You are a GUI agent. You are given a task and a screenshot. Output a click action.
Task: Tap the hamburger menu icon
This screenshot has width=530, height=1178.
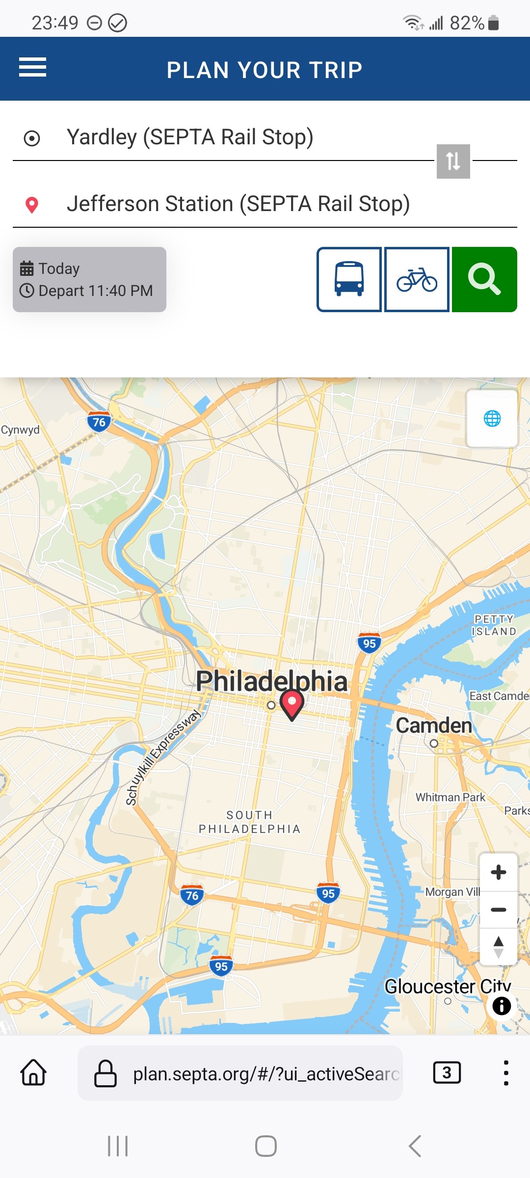[x=32, y=67]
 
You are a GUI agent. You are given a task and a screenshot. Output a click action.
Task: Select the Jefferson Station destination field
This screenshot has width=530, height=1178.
[x=238, y=204]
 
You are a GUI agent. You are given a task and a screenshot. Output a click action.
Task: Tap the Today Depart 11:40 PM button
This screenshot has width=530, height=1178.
[x=89, y=279]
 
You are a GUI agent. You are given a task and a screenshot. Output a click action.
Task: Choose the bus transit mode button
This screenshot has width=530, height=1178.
[x=349, y=279]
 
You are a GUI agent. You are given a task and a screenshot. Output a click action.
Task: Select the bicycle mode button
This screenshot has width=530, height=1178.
[x=417, y=279]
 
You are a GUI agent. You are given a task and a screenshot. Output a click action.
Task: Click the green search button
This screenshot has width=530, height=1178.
[x=484, y=279]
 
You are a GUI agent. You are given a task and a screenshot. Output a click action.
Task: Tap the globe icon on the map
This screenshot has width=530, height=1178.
[x=492, y=419]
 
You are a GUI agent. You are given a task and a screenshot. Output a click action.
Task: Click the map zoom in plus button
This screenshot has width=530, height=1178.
[x=499, y=872]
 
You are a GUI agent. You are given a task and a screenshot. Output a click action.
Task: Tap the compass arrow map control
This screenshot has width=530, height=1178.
[x=499, y=947]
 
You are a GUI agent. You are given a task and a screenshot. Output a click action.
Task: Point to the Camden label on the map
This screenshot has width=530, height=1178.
[x=434, y=725]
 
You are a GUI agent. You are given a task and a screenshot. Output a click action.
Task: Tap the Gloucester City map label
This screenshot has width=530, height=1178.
[x=447, y=986]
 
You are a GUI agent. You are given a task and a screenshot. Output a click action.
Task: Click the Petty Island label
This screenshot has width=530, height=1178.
[x=494, y=625]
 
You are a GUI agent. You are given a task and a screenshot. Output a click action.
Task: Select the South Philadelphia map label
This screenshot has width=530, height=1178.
[x=249, y=822]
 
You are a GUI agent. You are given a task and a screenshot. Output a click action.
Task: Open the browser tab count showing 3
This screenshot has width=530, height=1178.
[x=447, y=1072]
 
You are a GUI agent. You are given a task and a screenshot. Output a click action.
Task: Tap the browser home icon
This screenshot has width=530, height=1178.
[x=33, y=1072]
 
